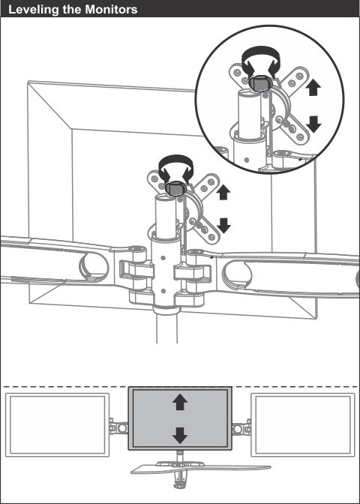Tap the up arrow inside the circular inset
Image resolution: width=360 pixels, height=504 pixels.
click(x=314, y=88)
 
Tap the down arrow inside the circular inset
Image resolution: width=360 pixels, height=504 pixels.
click(x=314, y=123)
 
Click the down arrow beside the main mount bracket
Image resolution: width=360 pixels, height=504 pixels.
click(x=223, y=224)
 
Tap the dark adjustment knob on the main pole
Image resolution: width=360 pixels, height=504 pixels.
click(x=175, y=190)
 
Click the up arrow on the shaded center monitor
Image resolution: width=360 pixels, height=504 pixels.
click(x=179, y=403)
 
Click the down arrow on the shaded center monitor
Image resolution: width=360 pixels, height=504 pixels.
click(x=179, y=434)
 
